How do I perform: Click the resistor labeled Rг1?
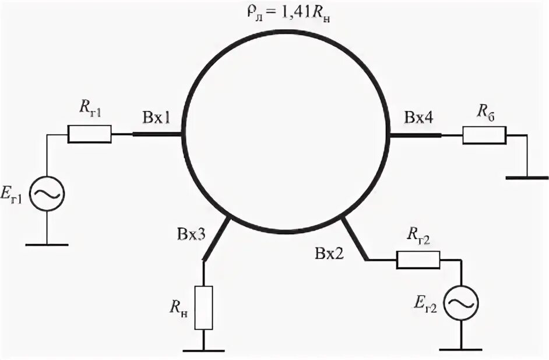(x=89, y=134)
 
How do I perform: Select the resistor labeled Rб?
(x=484, y=135)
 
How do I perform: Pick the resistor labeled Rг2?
(x=418, y=260)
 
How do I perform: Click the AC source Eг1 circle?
(x=47, y=194)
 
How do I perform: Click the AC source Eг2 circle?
(x=461, y=303)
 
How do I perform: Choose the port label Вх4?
(x=418, y=118)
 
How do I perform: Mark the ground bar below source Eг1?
(x=47, y=245)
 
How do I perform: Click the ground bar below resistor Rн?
(x=203, y=350)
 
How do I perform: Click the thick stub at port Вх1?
(x=158, y=134)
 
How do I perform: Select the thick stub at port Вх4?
(x=415, y=135)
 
